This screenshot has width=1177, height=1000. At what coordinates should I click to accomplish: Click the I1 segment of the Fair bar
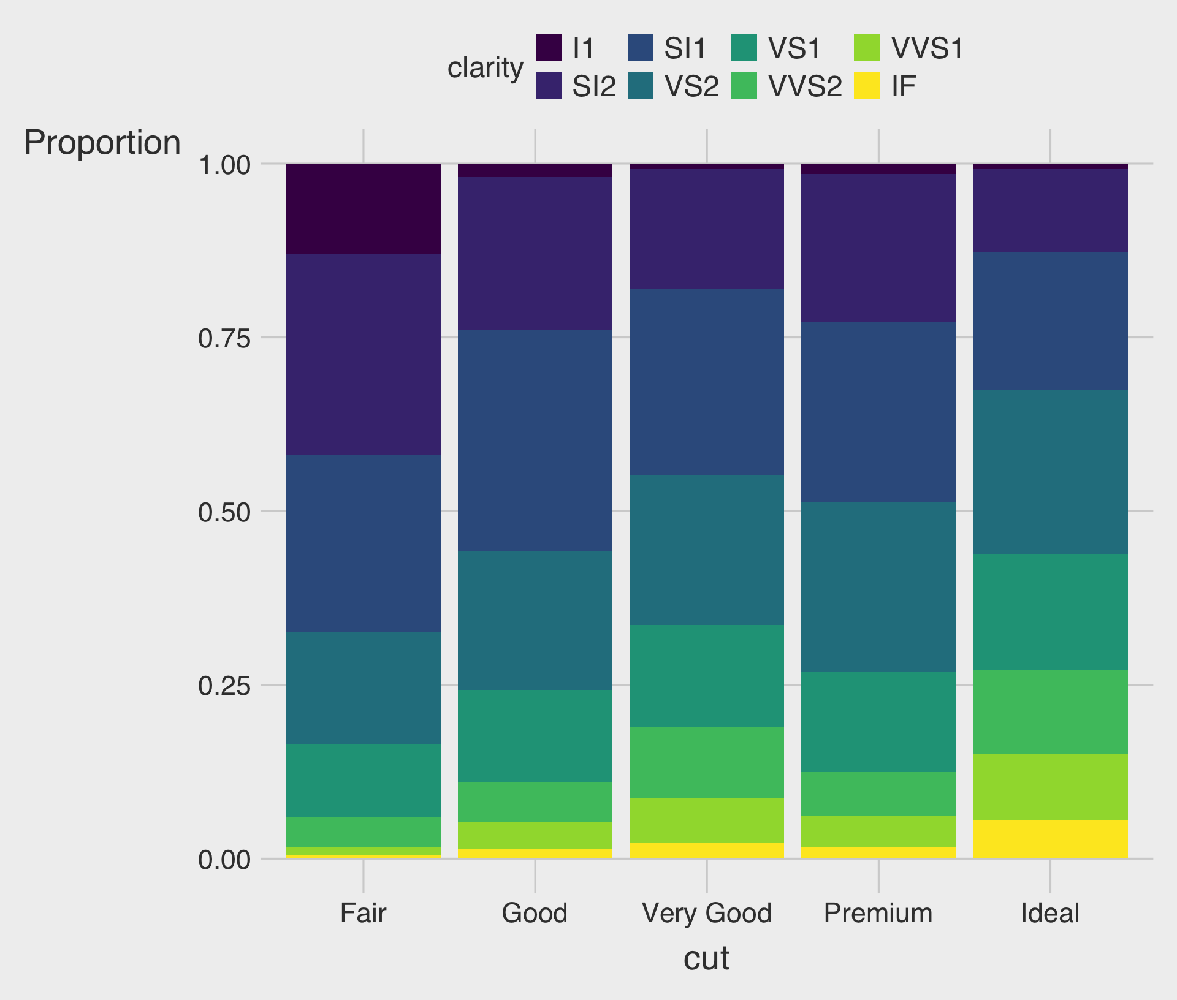pyautogui.click(x=364, y=209)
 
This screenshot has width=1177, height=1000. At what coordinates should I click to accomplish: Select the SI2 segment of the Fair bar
pyautogui.click(x=364, y=354)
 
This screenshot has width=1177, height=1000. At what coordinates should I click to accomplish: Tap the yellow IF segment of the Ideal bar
pyautogui.click(x=1050, y=839)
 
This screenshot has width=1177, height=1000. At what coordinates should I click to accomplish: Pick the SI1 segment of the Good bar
pyautogui.click(x=535, y=441)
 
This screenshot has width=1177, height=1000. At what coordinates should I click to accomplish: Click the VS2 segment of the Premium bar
pyautogui.click(x=878, y=587)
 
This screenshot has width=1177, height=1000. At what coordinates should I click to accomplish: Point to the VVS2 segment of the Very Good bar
pyautogui.click(x=707, y=762)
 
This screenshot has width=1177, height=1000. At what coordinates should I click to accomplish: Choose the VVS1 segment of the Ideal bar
pyautogui.click(x=1050, y=786)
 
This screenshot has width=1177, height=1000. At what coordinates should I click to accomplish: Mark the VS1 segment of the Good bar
pyautogui.click(x=535, y=735)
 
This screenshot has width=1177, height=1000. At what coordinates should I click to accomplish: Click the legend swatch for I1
pyautogui.click(x=549, y=48)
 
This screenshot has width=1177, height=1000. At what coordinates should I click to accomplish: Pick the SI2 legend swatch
pyautogui.click(x=549, y=86)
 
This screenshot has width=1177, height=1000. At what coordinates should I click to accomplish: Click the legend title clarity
pyautogui.click(x=485, y=67)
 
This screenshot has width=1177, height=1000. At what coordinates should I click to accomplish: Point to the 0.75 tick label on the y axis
pyautogui.click(x=224, y=338)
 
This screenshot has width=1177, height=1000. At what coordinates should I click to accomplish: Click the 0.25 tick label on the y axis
pyautogui.click(x=224, y=686)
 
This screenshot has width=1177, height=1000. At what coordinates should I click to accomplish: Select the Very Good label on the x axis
pyautogui.click(x=707, y=913)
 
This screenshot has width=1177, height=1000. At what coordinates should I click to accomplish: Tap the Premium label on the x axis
pyautogui.click(x=878, y=913)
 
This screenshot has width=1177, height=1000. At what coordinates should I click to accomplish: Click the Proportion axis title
pyautogui.click(x=102, y=143)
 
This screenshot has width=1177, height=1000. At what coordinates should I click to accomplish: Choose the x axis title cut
pyautogui.click(x=706, y=958)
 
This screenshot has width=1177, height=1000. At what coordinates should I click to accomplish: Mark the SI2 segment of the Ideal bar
pyautogui.click(x=1050, y=210)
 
